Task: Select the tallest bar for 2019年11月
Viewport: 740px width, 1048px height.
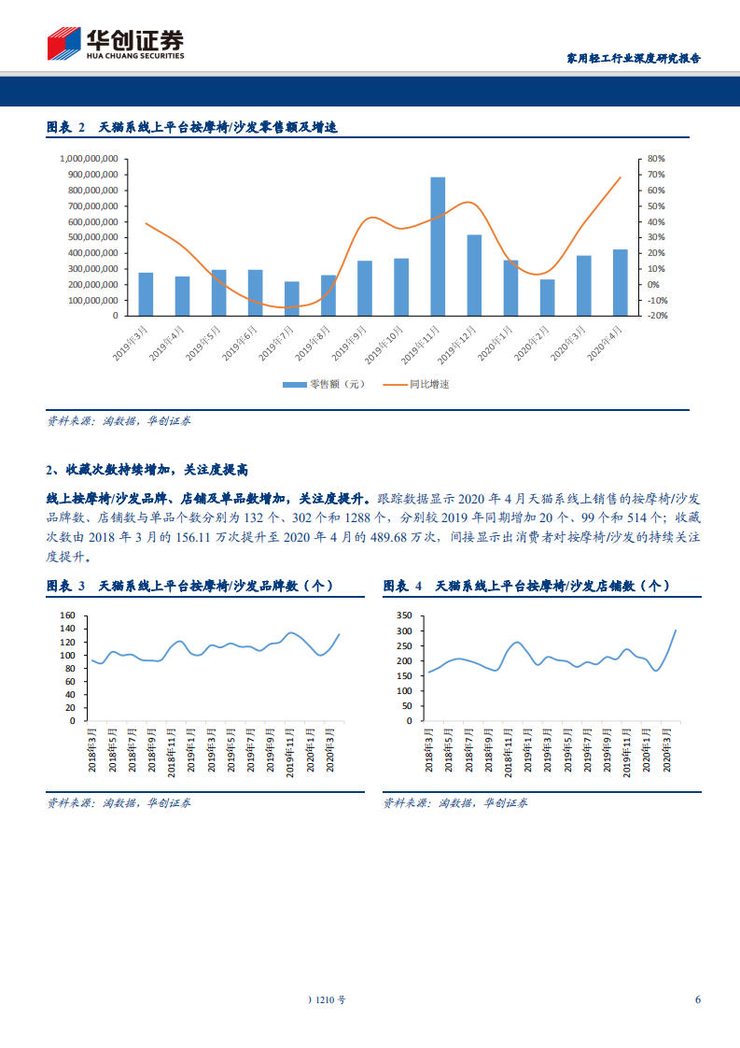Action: (x=438, y=246)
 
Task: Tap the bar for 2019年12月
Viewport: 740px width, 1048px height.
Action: (x=474, y=275)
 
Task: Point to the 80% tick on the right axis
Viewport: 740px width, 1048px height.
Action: (x=655, y=159)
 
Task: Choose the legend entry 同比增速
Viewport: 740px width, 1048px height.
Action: (x=417, y=384)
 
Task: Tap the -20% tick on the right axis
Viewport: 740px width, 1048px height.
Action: (x=656, y=316)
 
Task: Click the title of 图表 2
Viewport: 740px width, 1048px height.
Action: (x=190, y=128)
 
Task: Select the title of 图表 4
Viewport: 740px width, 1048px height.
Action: (x=526, y=586)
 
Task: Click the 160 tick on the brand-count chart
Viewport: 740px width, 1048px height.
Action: (x=66, y=616)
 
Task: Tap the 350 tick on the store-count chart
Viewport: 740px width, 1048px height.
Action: (x=403, y=616)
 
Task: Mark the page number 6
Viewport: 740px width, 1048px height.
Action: (x=697, y=998)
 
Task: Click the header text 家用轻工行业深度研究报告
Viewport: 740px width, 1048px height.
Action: (x=634, y=58)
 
